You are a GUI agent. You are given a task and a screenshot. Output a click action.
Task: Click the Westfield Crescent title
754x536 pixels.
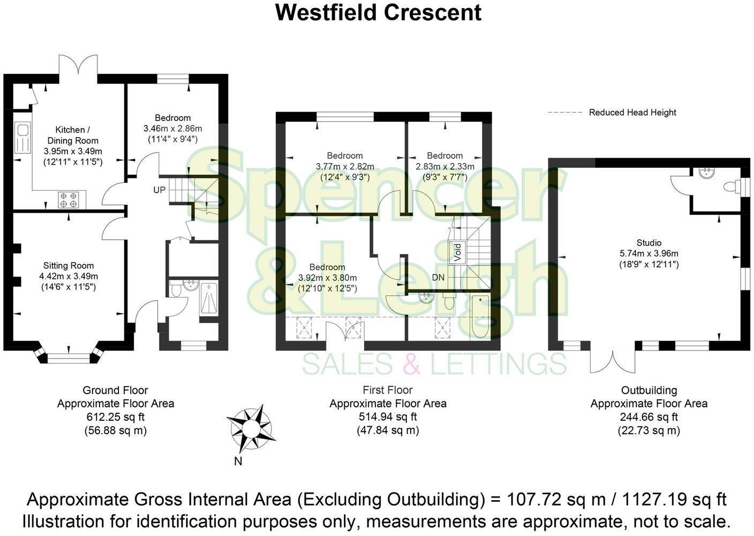coord(378,12)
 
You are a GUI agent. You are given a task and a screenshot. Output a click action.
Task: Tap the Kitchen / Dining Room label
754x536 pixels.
coord(70,135)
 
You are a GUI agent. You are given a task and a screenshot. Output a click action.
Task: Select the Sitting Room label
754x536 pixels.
coord(69,265)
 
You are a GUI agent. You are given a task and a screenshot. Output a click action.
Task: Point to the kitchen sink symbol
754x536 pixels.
coord(23,138)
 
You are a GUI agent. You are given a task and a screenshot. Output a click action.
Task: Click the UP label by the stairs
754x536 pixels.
coord(160,190)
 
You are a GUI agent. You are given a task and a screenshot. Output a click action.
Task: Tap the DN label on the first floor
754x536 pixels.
coord(439,277)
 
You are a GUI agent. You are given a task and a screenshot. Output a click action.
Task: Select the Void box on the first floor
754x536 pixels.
coord(458,252)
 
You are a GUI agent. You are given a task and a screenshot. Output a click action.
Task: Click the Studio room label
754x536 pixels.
coord(649,243)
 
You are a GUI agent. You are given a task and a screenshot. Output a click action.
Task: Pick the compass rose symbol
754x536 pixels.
coord(251,428)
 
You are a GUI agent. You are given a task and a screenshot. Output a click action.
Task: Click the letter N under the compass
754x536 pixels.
coord(238,461)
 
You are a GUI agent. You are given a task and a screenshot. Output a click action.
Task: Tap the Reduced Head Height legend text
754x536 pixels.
coord(632,113)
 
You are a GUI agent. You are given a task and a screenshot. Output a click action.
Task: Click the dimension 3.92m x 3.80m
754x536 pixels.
coord(327,278)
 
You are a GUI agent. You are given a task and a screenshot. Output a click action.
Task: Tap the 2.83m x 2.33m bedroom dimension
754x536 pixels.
coord(445,167)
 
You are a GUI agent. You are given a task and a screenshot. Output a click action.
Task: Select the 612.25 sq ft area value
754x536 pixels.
coord(115,417)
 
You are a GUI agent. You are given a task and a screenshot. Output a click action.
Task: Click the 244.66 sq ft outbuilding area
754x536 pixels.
coord(649,417)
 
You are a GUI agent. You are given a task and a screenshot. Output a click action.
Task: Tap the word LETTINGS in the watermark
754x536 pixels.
coord(499,364)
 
